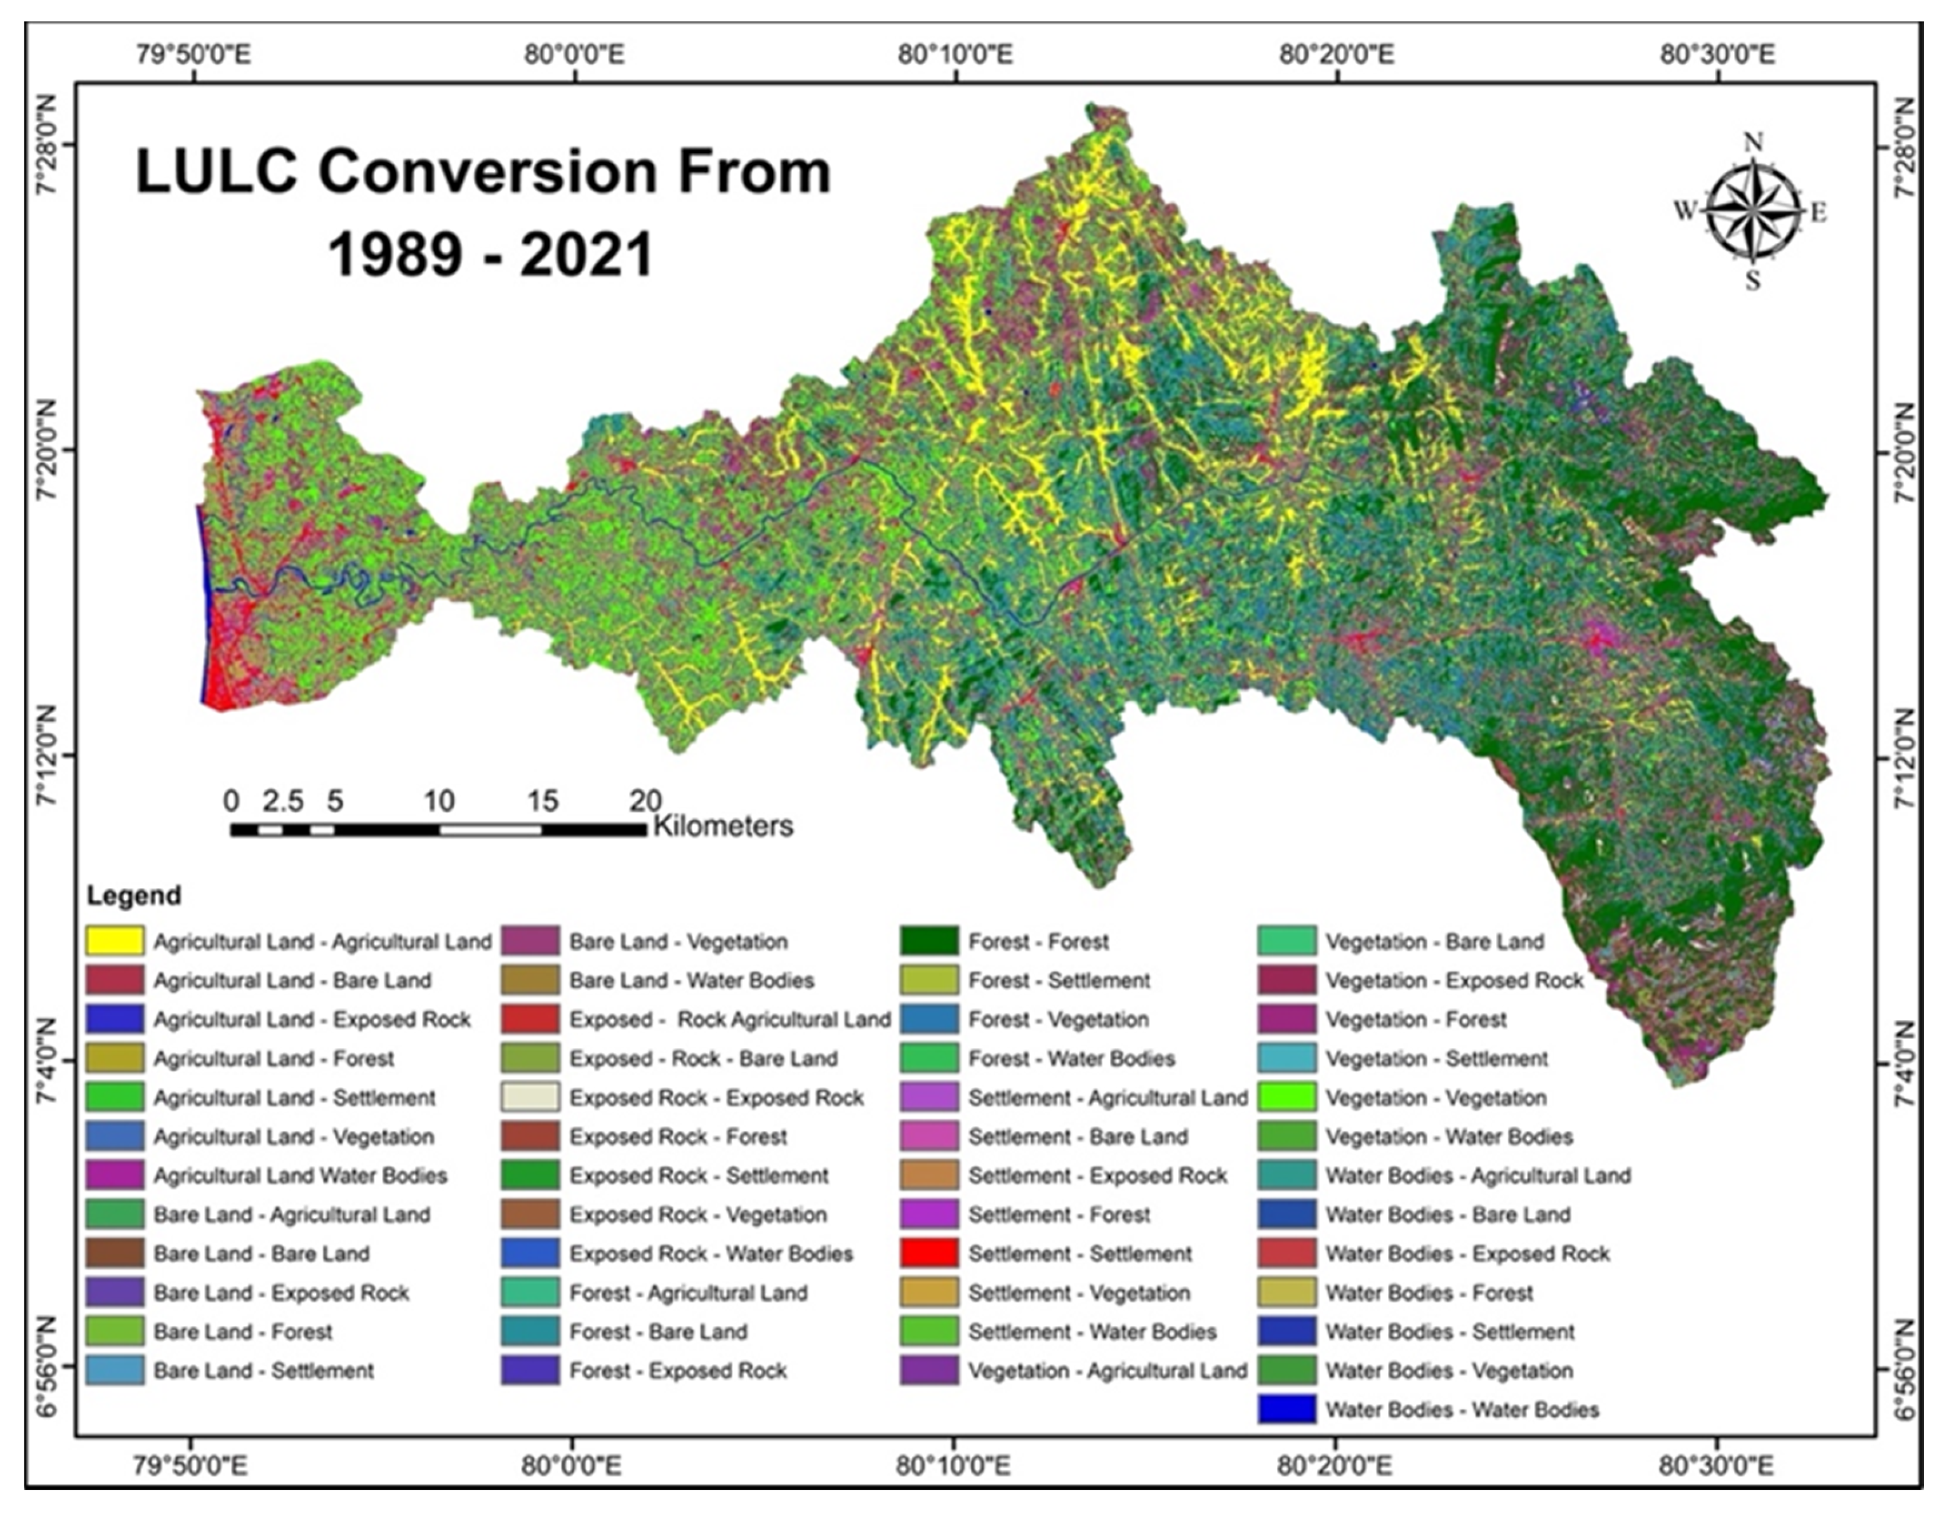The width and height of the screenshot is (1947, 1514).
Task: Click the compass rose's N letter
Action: [x=1753, y=143]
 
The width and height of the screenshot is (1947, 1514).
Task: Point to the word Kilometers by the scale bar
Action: [x=723, y=826]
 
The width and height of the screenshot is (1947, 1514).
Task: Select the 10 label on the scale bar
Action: [x=439, y=801]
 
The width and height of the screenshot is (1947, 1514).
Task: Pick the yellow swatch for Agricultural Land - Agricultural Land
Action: [x=115, y=941]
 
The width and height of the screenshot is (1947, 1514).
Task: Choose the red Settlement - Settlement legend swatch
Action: [x=929, y=1254]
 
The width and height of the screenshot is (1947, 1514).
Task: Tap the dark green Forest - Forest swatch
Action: [x=929, y=941]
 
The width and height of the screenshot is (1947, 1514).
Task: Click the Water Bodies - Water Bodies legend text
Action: [x=1461, y=1409]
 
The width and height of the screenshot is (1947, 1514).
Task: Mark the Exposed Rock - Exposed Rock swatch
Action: [x=530, y=1097]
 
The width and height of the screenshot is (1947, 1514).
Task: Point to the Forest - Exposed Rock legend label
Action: [x=677, y=1371]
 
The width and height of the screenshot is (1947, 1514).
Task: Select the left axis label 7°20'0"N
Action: [x=46, y=452]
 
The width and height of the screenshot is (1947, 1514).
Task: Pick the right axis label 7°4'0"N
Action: [x=1901, y=1065]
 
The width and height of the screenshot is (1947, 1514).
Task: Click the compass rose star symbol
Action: [x=1753, y=212]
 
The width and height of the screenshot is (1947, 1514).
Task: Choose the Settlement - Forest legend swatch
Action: [x=929, y=1215]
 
